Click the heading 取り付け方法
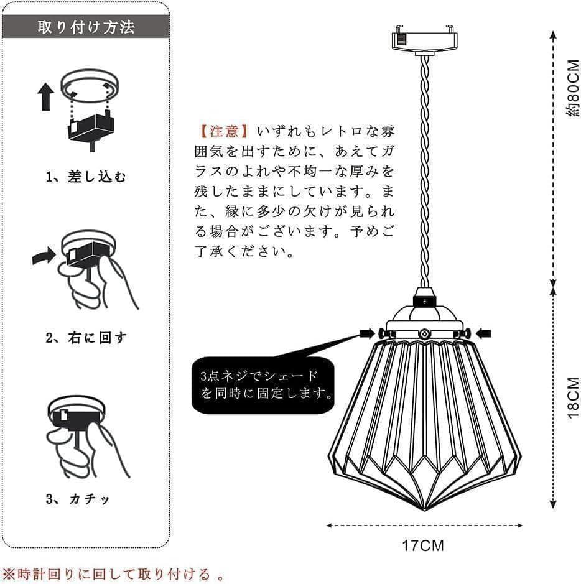point(86,27)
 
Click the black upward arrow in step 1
point(47,96)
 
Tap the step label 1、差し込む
point(86,177)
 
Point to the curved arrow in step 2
point(44,256)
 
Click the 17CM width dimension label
point(423,546)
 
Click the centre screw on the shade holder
point(424,333)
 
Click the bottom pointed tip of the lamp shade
point(425,509)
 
